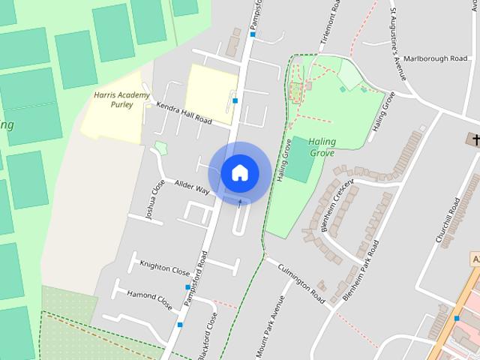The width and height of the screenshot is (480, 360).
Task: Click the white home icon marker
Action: pyautogui.click(x=239, y=172)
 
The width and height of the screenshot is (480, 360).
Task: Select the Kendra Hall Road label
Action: pyautogui.click(x=184, y=114)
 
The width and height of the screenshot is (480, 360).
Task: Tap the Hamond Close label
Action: pyautogui.click(x=149, y=300)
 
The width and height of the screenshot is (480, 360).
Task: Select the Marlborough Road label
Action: pyautogui.click(x=435, y=58)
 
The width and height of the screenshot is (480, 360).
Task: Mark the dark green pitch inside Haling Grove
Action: pyautogui.click(x=300, y=159)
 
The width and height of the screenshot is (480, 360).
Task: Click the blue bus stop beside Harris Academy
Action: pyautogui.click(x=235, y=100)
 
